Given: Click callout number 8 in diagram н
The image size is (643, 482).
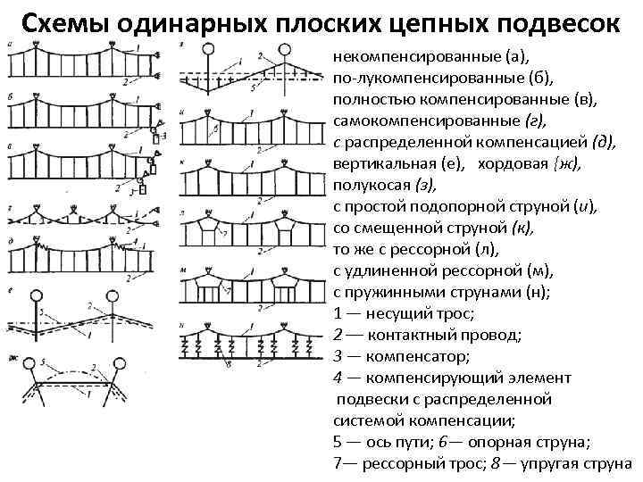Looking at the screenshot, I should coord(230,365).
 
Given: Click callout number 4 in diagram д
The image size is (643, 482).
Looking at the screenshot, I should coord(134,240).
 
